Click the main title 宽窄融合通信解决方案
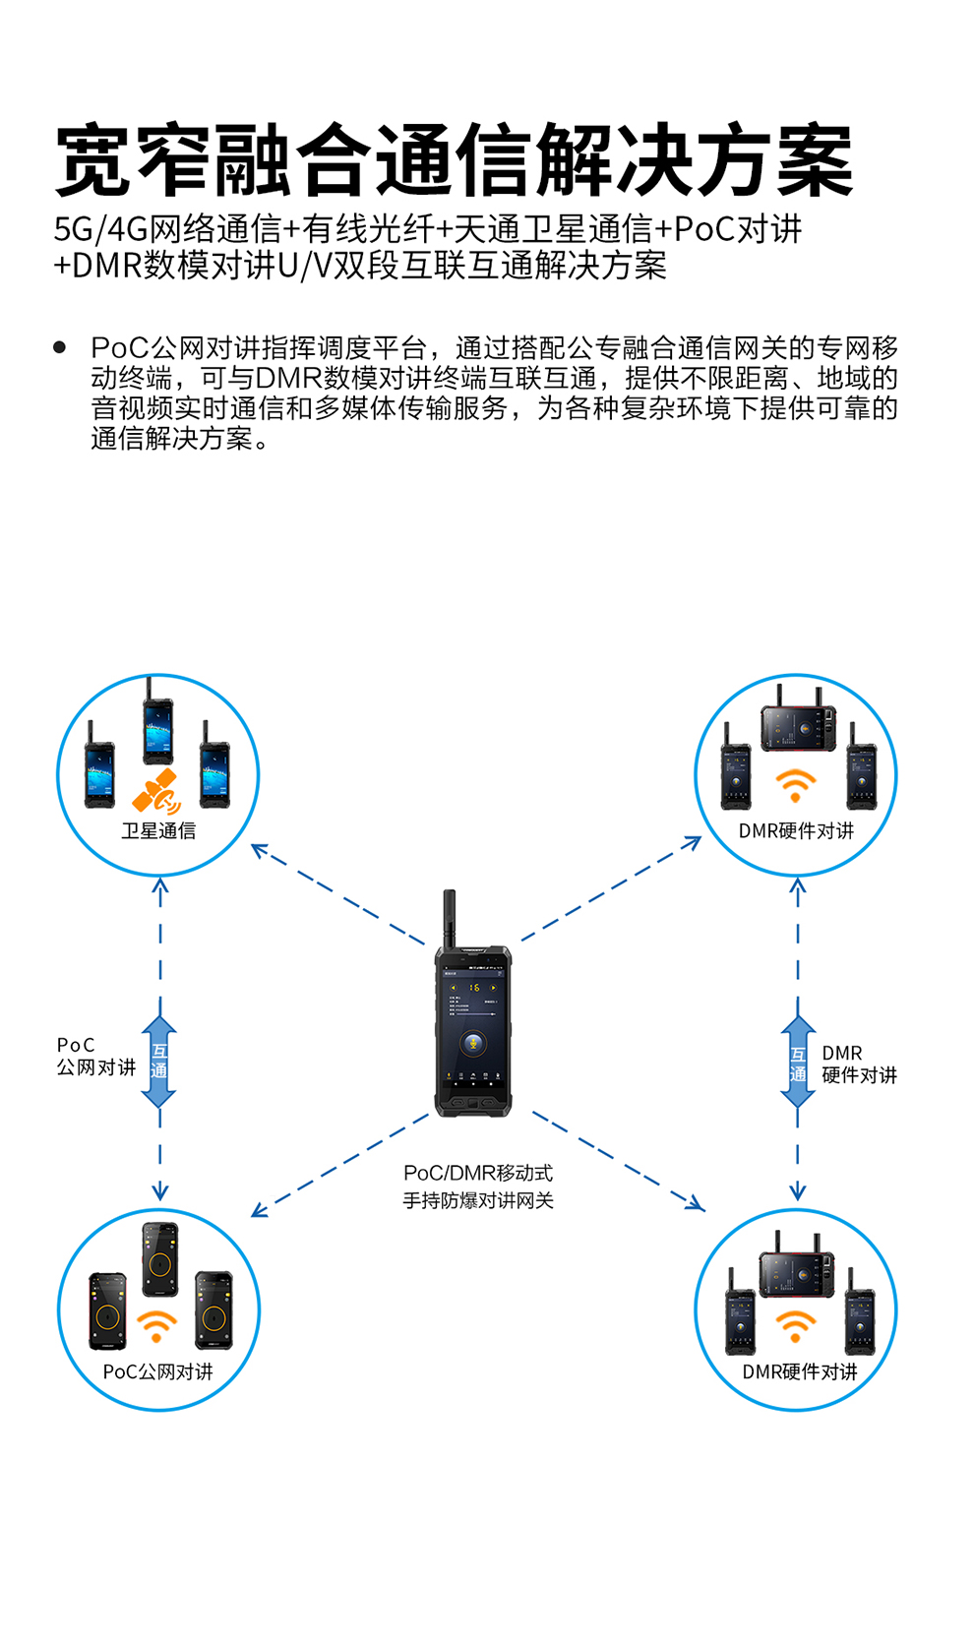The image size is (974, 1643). [454, 161]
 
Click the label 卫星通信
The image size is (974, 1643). [158, 831]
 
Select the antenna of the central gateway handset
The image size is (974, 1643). [450, 917]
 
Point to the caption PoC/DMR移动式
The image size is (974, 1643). [478, 1173]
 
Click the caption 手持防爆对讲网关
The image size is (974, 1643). [478, 1200]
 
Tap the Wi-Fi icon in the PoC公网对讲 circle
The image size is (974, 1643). [156, 1325]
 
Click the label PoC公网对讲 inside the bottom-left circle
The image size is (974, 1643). [157, 1371]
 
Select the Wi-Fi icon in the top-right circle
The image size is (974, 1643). [796, 785]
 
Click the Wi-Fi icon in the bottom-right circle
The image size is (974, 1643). [796, 1324]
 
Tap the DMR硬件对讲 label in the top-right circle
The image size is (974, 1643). [796, 831]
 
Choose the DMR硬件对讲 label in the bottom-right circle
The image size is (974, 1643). [799, 1371]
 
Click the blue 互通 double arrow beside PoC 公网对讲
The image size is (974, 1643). [159, 1062]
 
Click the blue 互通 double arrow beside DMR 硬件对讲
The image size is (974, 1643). [798, 1062]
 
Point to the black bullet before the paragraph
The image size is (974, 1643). [60, 347]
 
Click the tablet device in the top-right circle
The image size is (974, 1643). [799, 728]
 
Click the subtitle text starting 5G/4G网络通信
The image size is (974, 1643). [428, 229]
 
